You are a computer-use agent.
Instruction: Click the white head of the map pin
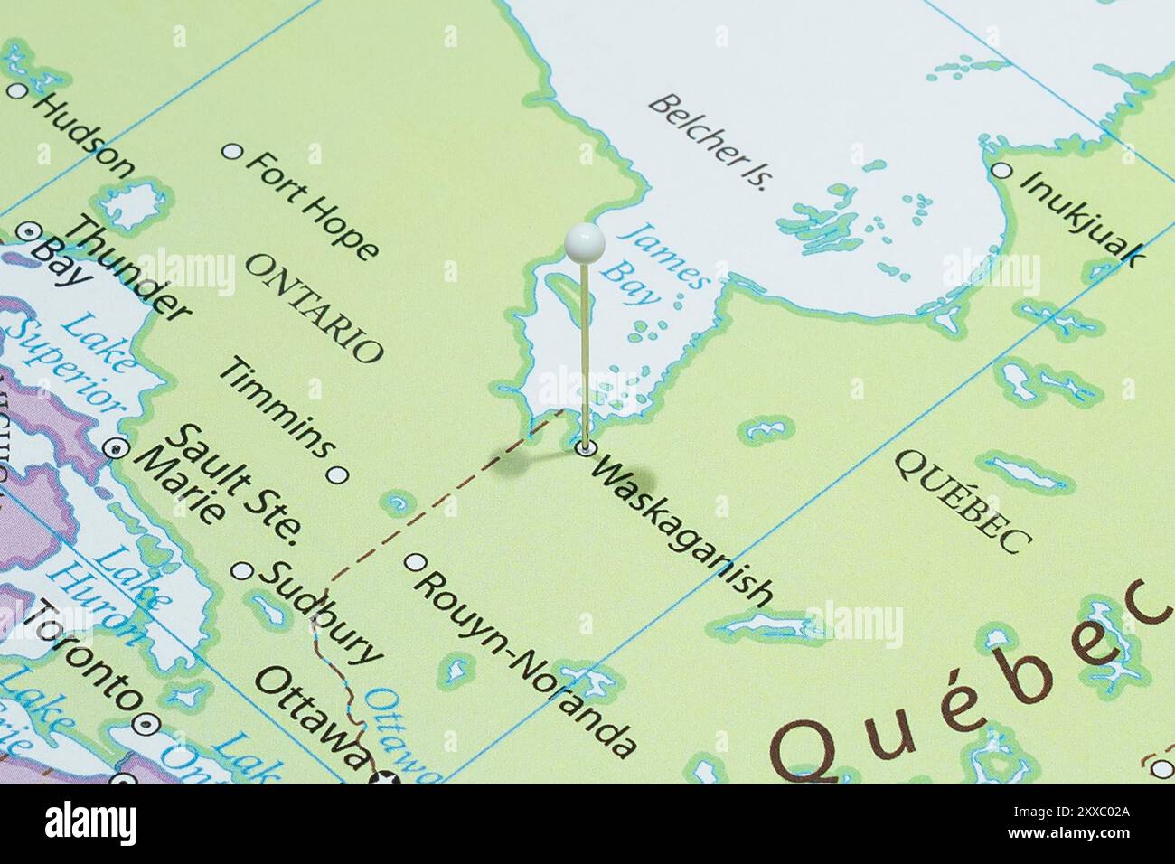[x=583, y=241]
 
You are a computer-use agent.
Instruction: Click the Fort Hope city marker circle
[x=233, y=152]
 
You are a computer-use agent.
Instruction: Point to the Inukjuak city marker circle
[x=1001, y=170]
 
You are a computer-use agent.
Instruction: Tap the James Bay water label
[x=655, y=262]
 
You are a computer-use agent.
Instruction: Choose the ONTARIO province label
[x=315, y=307]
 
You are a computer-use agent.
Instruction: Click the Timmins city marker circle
[x=337, y=474]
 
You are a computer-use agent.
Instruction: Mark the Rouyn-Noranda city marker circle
[x=415, y=562]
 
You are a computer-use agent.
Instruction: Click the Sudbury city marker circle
[x=243, y=570]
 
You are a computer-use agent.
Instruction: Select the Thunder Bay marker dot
[x=27, y=231]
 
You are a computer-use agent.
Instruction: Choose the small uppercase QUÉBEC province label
[x=963, y=500]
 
